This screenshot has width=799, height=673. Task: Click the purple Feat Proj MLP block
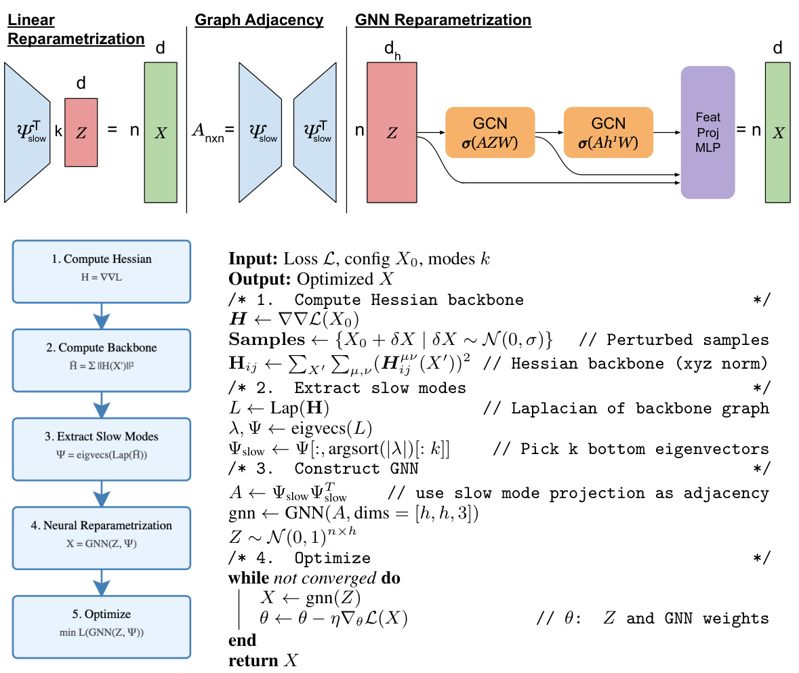(x=708, y=132)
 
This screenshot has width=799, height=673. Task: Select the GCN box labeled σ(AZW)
(x=490, y=132)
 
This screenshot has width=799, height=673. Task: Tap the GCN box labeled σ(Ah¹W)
(x=608, y=132)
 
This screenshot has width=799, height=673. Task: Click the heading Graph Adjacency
(x=259, y=20)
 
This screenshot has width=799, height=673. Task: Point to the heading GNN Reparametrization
(x=443, y=20)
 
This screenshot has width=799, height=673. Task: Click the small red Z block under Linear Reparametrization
(x=81, y=133)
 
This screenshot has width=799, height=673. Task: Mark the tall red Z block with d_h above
(x=392, y=133)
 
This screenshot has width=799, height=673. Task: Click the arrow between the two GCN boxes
(x=548, y=133)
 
